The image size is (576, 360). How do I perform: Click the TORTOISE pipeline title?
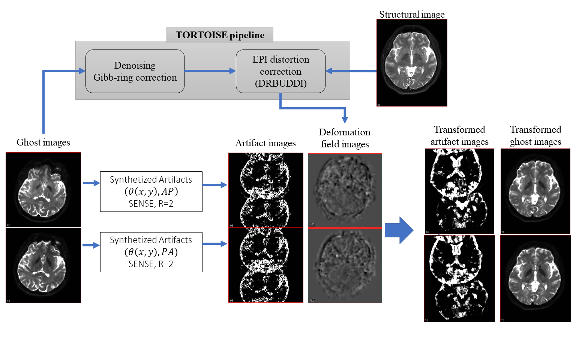[x=220, y=35]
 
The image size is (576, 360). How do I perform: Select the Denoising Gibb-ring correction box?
[x=135, y=71]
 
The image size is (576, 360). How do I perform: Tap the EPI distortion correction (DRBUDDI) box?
[x=280, y=71]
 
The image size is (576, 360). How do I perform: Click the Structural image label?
[x=412, y=15]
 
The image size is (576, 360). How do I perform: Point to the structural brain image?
[x=412, y=63]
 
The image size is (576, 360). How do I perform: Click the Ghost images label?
[x=43, y=142]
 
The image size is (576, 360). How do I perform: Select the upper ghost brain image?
[x=43, y=190]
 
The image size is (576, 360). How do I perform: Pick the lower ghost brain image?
[x=43, y=265]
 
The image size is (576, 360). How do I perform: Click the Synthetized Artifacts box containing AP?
[x=151, y=192]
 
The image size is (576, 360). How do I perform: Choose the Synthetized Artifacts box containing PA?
[x=151, y=252]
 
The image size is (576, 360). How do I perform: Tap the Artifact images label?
[x=265, y=143]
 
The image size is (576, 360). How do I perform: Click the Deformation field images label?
[x=345, y=138]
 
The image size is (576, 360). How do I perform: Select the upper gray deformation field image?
[x=345, y=190]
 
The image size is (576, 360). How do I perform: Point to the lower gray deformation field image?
[x=345, y=265]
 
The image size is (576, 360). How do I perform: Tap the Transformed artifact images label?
[x=459, y=135]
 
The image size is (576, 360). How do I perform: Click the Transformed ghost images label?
[x=535, y=135]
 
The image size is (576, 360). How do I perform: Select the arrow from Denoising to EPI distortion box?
[x=210, y=70]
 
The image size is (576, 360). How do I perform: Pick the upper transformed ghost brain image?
[x=535, y=191]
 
